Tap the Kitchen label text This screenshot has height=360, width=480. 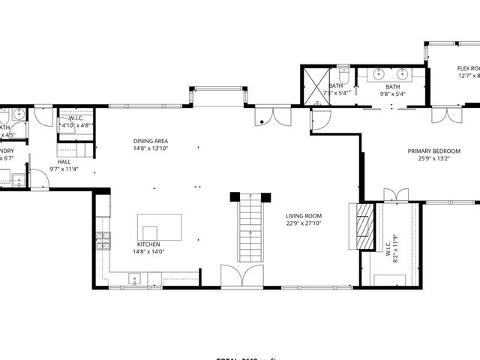[x=148, y=244]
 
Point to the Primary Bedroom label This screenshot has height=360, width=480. [x=433, y=151]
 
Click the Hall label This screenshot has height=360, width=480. [x=64, y=162]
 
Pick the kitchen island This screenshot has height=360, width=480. [x=159, y=226]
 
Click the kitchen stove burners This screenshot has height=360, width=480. [x=102, y=240]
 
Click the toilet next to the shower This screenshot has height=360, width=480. [x=342, y=75]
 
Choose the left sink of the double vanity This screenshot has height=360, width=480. [x=374, y=74]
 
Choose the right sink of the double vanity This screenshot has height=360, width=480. [x=403, y=74]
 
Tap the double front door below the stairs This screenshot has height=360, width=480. [x=241, y=277]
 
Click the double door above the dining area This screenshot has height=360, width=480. [x=272, y=116]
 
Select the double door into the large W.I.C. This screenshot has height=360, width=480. [x=395, y=195]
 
